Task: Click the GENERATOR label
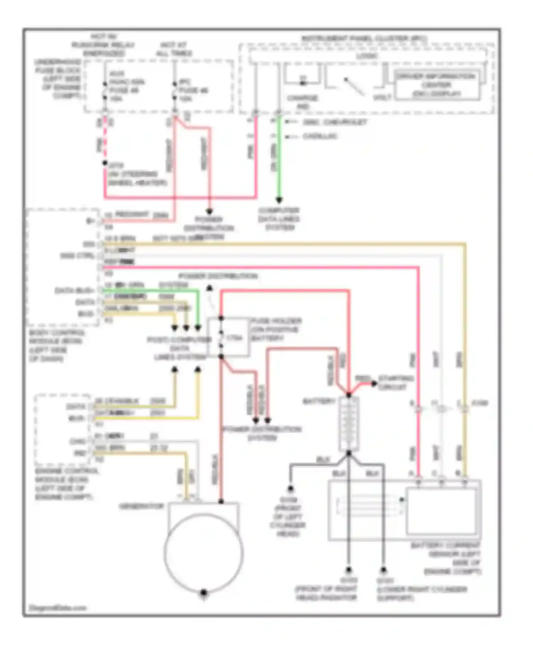tap(141, 506)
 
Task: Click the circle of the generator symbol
tap(204, 553)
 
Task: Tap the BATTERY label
tap(318, 401)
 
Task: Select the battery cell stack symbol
tap(349, 424)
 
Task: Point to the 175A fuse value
tap(234, 337)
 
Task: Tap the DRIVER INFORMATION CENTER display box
tap(436, 85)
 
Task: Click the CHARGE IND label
tap(302, 102)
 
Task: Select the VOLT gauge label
tap(382, 97)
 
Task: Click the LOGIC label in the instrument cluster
tap(367, 56)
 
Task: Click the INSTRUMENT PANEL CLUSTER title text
tap(364, 38)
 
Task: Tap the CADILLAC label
tap(319, 136)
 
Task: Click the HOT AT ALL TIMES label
tap(174, 49)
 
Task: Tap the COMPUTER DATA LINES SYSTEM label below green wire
tap(279, 219)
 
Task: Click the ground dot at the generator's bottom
tap(204, 592)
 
